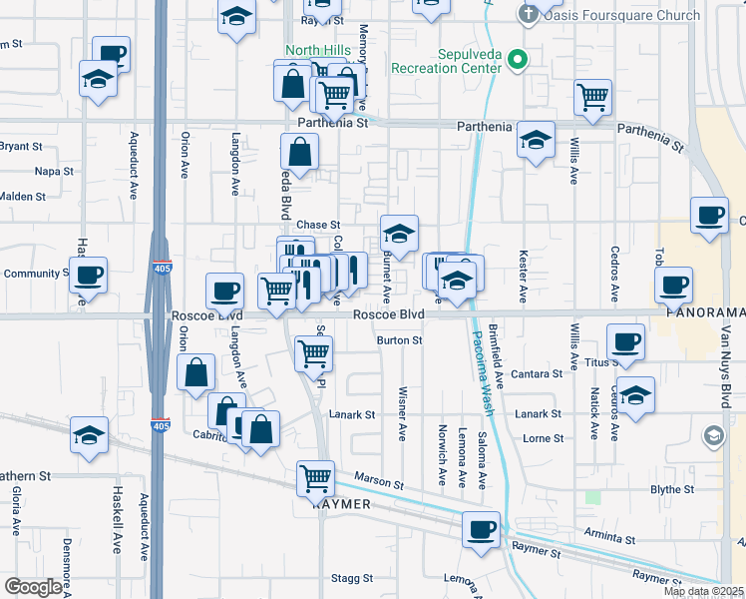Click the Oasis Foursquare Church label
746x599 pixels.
tap(609, 15)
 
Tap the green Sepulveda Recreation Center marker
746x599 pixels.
tap(516, 61)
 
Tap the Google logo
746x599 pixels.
tap(33, 587)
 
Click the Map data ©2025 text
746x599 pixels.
tap(702, 591)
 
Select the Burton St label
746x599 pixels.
tap(399, 340)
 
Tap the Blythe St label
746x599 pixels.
tap(671, 489)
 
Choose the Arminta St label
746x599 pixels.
tap(609, 540)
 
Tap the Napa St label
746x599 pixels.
tap(54, 171)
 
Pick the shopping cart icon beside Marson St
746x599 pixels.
tap(316, 478)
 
